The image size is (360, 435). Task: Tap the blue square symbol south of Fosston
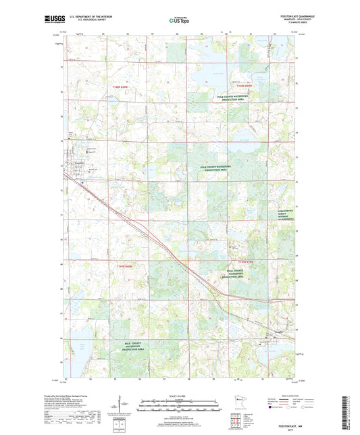[x=82, y=182]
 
